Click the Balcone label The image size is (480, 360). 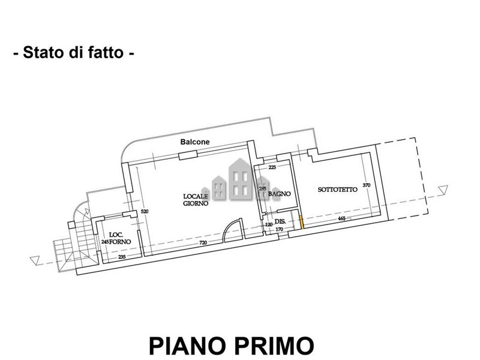[x=195, y=142]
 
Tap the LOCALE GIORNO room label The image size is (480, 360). [x=196, y=200]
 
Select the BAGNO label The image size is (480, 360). [x=279, y=194]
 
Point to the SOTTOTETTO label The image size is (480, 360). [x=337, y=190]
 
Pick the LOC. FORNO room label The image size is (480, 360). [x=119, y=238]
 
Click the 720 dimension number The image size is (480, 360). [x=203, y=243]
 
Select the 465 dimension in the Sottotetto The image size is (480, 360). [x=341, y=218]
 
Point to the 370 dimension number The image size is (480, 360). [x=367, y=185]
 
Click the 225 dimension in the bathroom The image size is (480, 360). [x=272, y=167]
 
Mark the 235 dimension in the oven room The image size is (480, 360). [x=122, y=257]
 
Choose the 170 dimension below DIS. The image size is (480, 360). [x=279, y=229]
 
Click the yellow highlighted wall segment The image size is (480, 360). [x=301, y=222]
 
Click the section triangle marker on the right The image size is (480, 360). [x=443, y=190]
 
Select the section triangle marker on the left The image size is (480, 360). [x=35, y=260]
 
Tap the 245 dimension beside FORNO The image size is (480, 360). [x=105, y=242]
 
